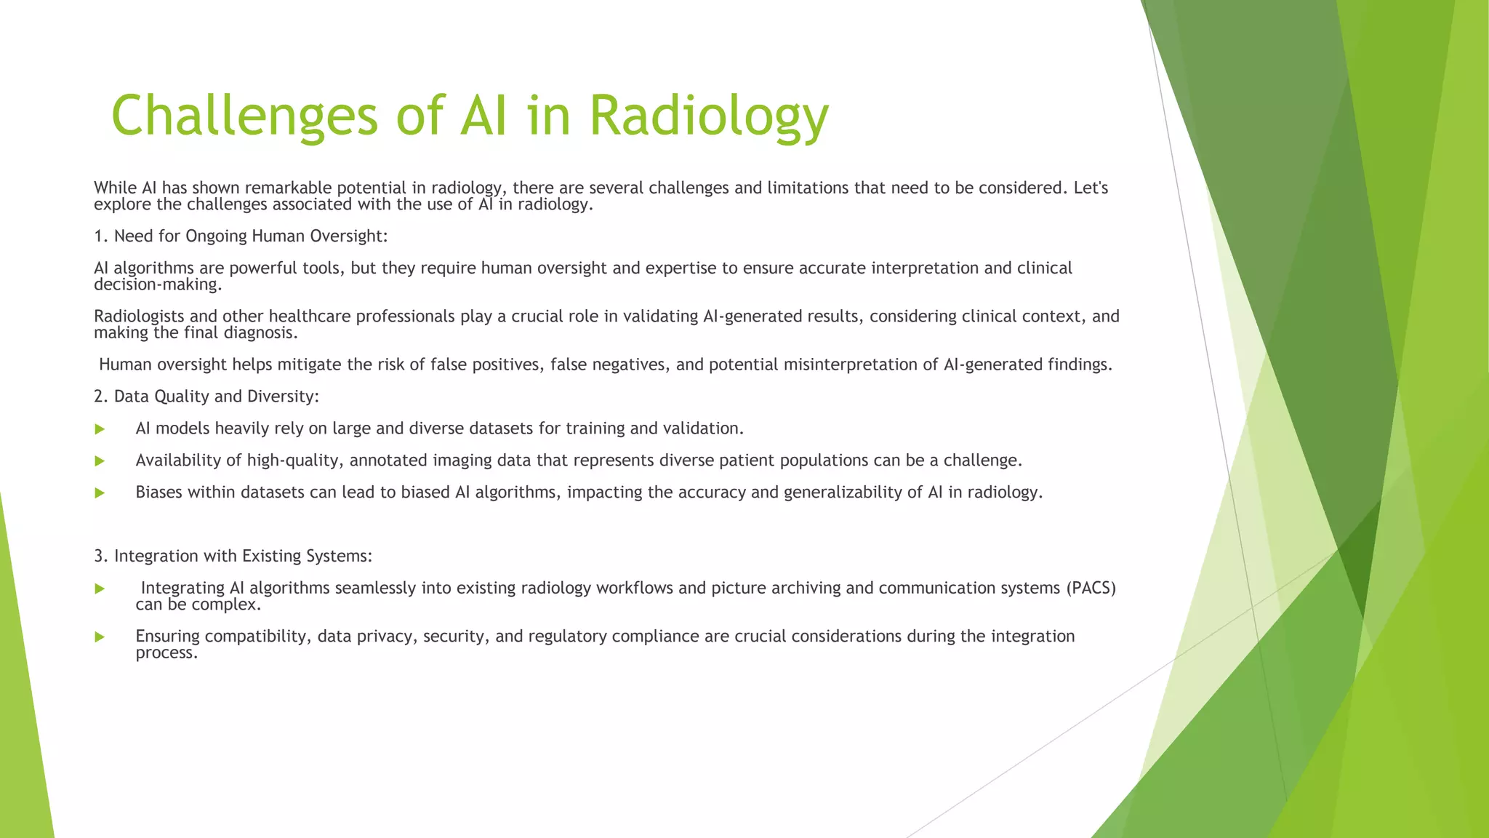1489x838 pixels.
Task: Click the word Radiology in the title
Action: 708,116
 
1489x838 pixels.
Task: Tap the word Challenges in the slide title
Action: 244,116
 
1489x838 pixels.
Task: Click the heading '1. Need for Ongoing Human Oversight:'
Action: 241,236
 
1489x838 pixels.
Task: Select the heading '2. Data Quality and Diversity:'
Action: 206,396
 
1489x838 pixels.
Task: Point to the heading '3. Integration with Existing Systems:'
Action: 233,556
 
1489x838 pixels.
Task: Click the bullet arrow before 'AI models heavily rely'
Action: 100,429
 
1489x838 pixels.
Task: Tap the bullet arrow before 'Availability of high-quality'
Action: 100,461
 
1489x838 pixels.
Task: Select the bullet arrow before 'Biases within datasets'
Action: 100,493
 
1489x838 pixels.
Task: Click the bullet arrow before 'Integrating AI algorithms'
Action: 100,588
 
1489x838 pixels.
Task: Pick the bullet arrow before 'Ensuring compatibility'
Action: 100,637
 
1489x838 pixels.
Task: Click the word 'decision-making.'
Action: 158,284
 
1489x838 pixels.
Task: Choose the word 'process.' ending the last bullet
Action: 166,653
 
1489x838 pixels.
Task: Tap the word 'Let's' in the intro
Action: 1091,188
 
